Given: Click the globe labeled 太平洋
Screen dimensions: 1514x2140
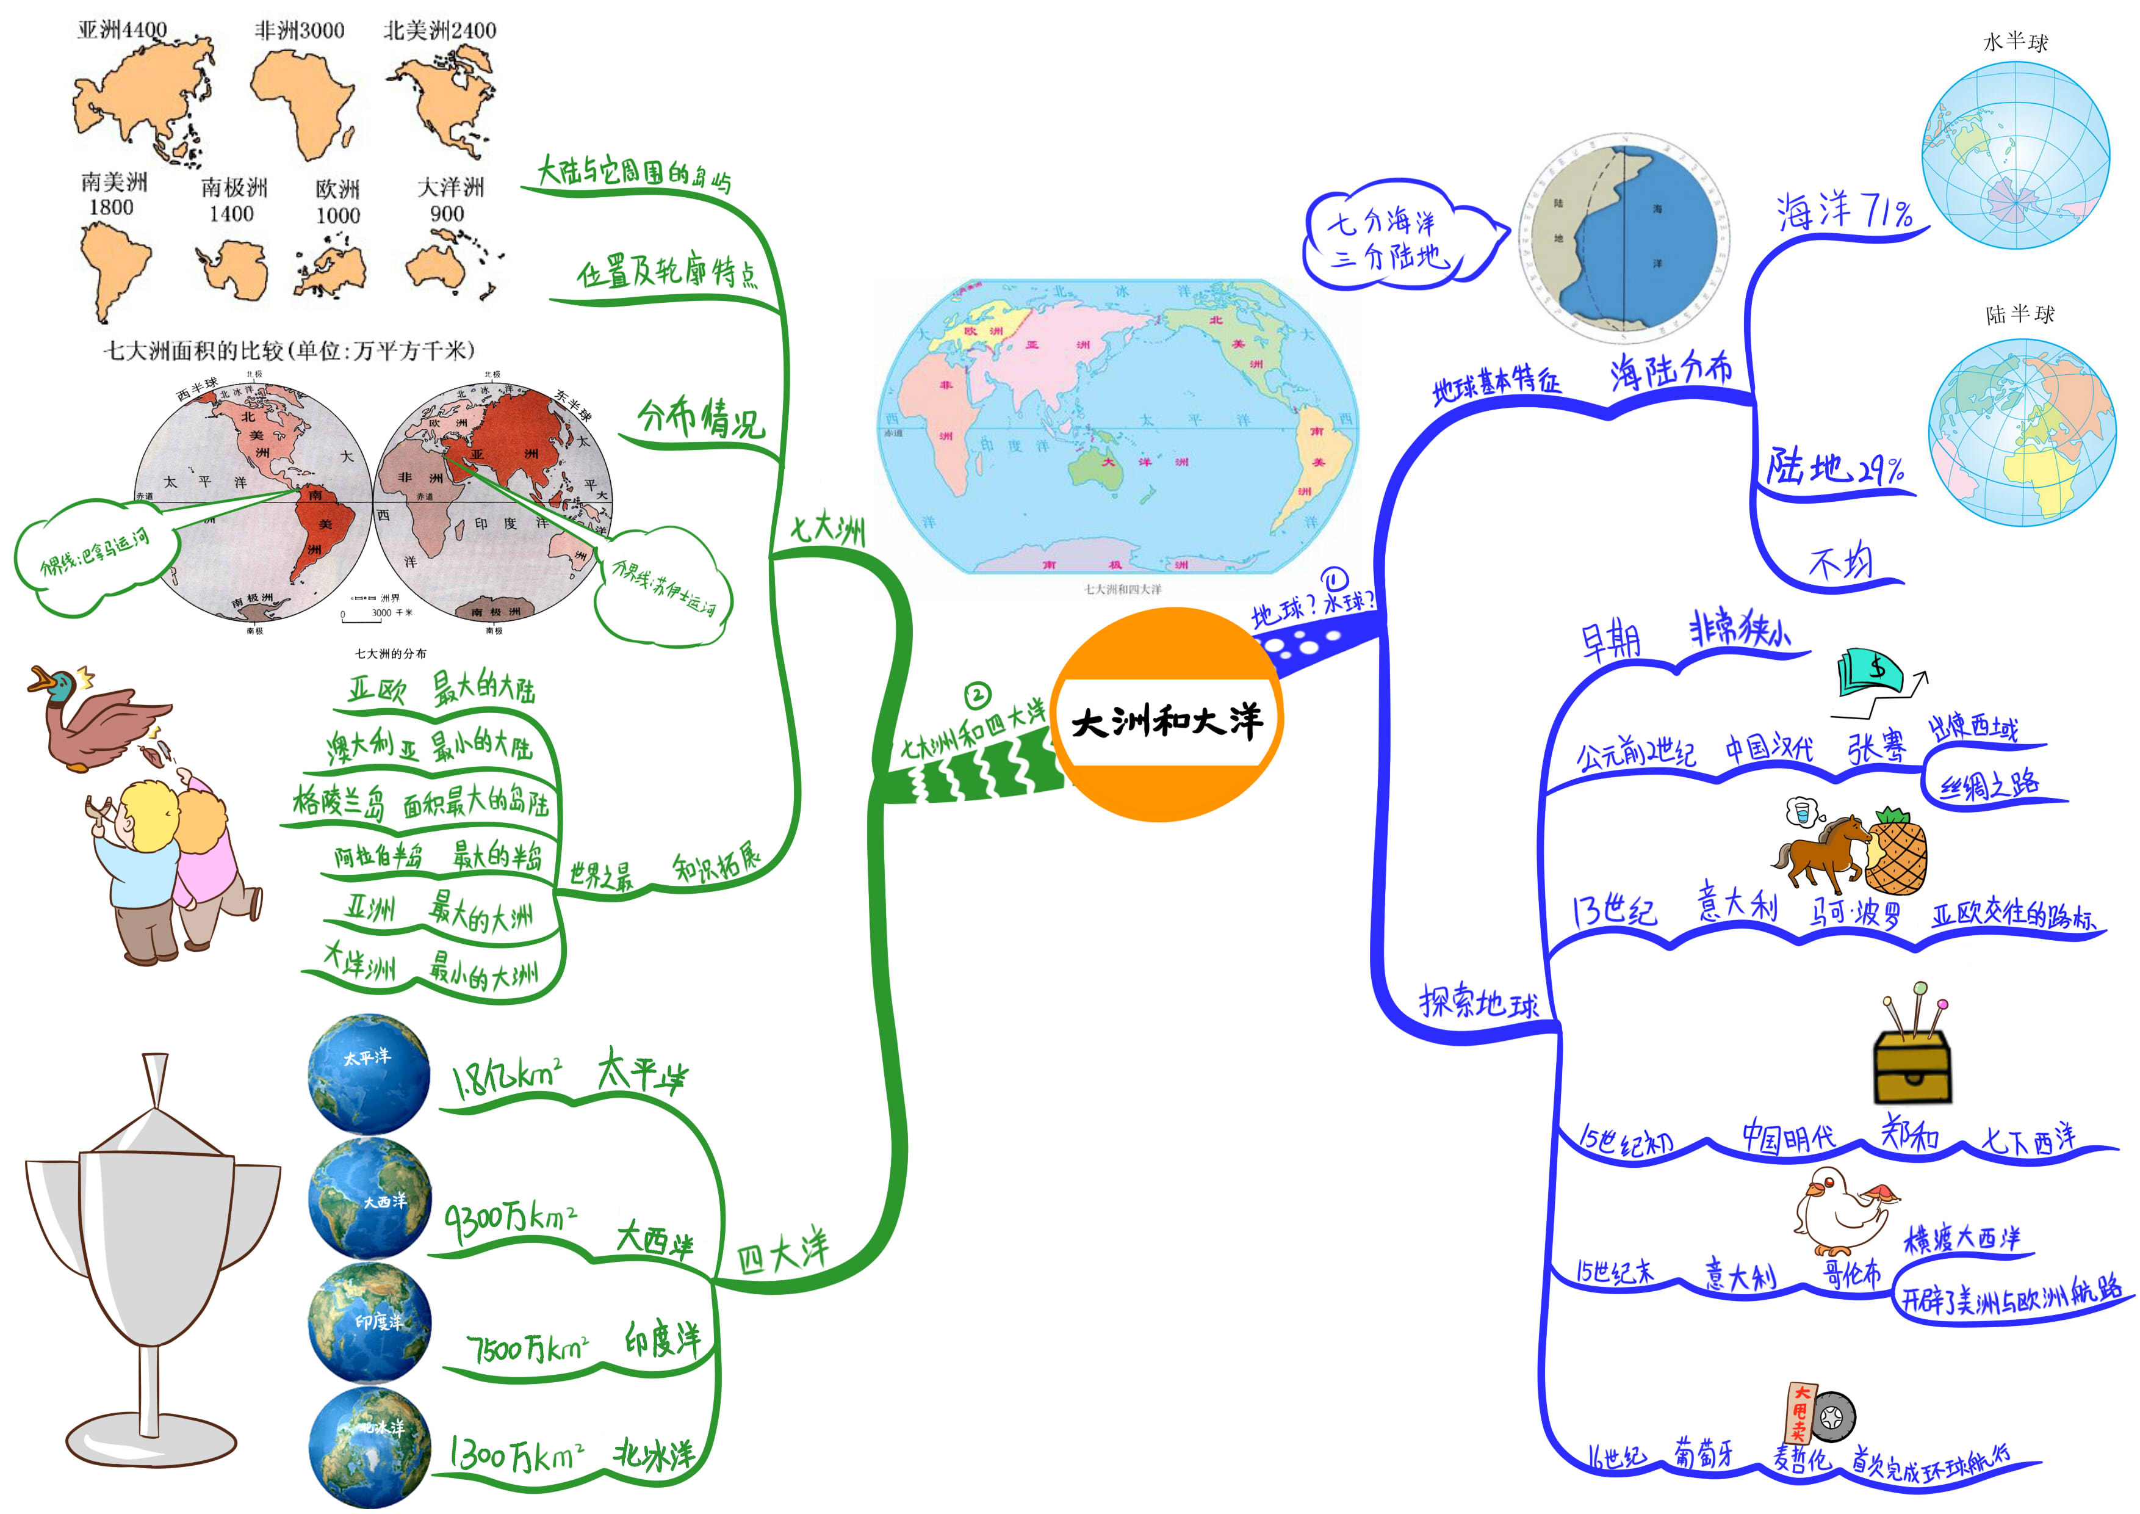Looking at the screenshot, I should click(369, 1074).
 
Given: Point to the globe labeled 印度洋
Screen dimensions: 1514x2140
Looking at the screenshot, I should click(370, 1322).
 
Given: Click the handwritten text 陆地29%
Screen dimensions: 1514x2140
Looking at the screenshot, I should click(1834, 466).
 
